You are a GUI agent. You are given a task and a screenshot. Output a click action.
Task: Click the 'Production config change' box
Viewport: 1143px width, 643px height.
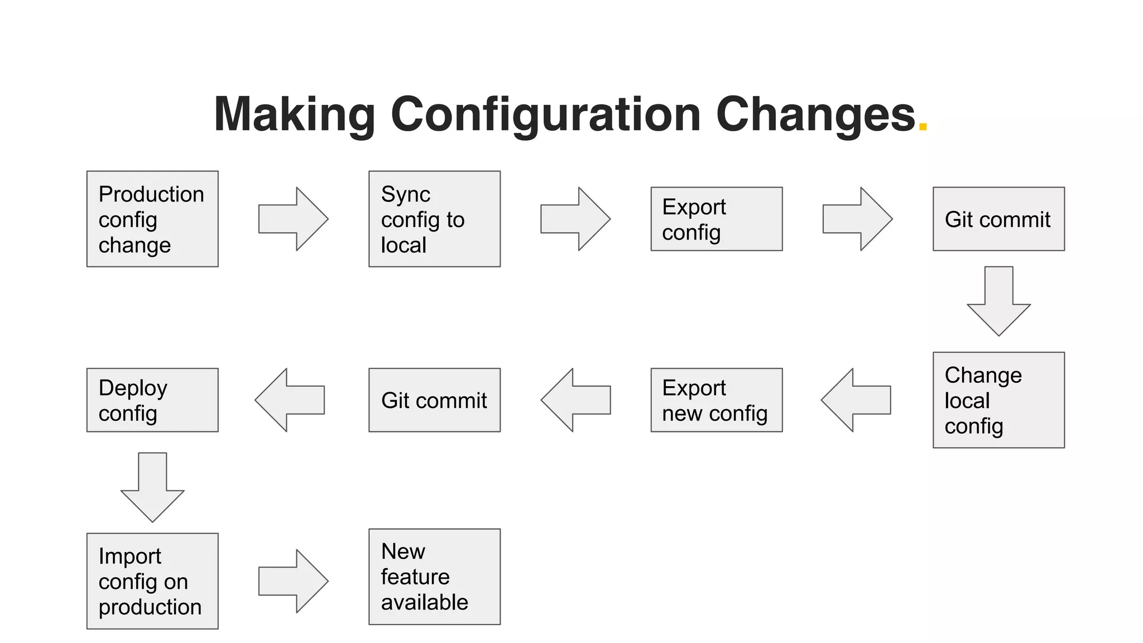click(152, 219)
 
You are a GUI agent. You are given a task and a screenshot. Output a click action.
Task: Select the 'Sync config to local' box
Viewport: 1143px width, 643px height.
click(434, 219)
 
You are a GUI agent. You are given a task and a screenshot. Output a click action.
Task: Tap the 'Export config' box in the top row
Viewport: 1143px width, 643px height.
click(717, 219)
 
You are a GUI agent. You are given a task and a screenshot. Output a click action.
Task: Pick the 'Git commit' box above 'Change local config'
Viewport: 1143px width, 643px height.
click(998, 219)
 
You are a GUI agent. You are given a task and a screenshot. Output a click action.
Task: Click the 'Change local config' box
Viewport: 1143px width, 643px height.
click(998, 400)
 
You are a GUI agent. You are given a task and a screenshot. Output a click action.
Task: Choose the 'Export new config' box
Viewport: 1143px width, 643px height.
click(717, 400)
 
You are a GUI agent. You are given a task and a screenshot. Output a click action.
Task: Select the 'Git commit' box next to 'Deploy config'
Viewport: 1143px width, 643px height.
click(434, 400)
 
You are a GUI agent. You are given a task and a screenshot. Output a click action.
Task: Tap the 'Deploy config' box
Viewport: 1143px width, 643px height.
click(152, 400)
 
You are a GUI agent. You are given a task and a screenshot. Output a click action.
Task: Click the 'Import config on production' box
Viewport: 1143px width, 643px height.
click(152, 581)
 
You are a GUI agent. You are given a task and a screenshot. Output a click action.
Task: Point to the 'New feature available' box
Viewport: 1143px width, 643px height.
click(434, 577)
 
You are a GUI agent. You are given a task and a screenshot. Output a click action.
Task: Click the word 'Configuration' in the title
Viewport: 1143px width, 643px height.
click(545, 115)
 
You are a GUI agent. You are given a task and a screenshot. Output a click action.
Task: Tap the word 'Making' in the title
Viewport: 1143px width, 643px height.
click(294, 115)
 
